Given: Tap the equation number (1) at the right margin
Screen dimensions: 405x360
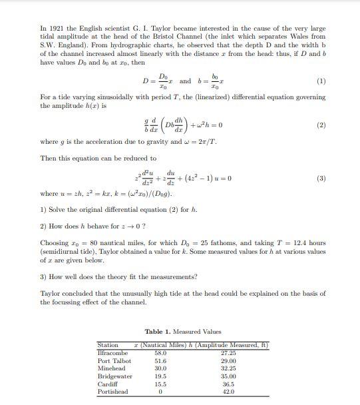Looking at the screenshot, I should tap(321, 81).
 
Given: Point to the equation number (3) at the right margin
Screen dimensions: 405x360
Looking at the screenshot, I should tap(321, 179).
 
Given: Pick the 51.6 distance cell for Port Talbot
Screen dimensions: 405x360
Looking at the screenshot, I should tap(160, 361).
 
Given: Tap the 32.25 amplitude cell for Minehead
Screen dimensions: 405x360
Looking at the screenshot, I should tap(228, 368).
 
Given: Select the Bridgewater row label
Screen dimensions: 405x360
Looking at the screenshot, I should tap(114, 376).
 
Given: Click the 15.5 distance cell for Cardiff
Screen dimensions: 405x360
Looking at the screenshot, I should tap(160, 384).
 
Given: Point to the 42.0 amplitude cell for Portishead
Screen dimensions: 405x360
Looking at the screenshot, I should tap(228, 392).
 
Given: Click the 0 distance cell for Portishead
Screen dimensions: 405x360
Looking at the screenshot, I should tap(160, 392).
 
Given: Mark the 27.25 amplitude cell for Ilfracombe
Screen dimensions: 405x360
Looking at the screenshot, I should tap(228, 353).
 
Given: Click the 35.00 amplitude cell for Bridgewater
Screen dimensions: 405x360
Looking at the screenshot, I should tap(228, 376).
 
